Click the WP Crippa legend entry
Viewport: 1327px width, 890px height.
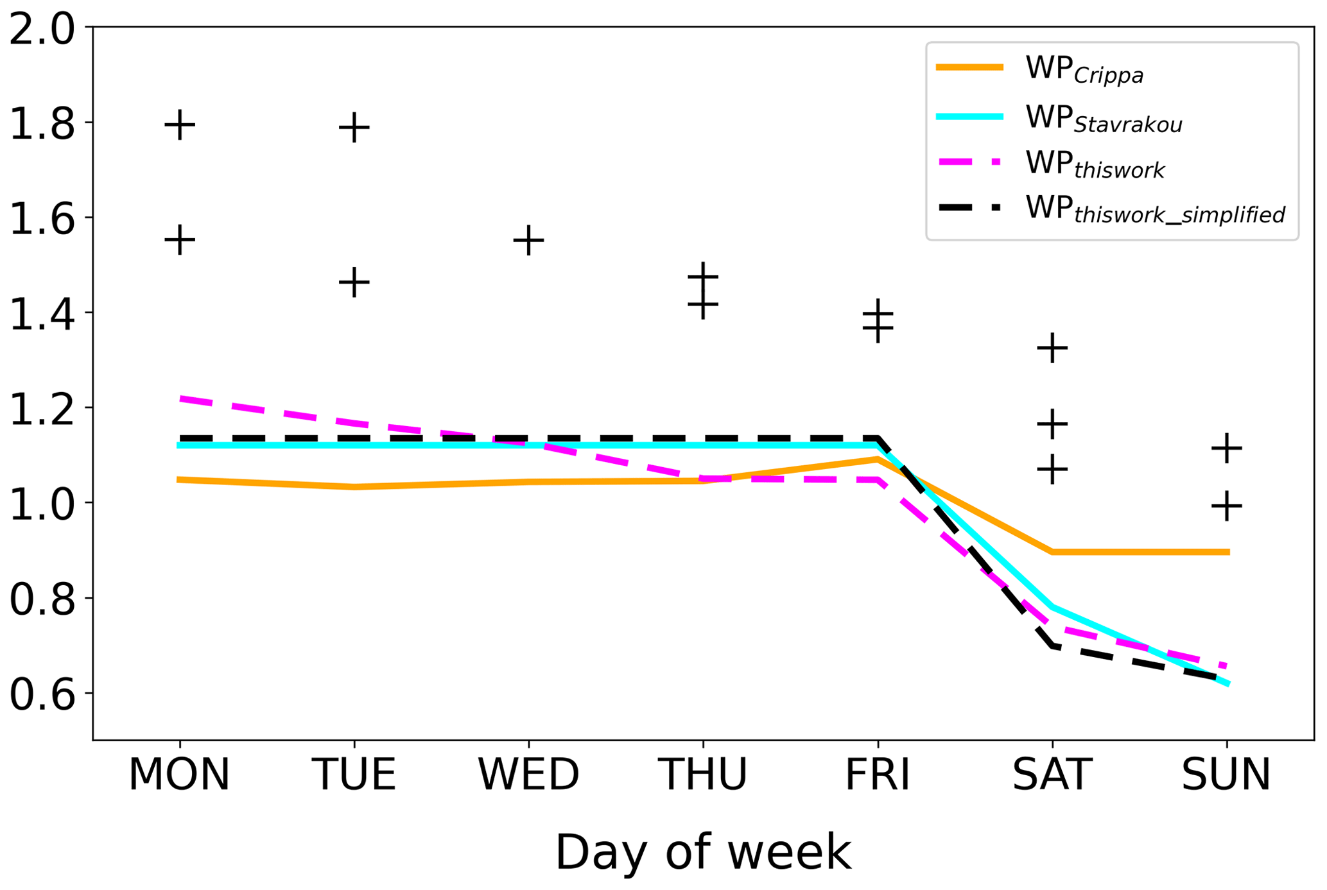click(1084, 69)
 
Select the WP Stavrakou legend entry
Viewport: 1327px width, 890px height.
click(1103, 118)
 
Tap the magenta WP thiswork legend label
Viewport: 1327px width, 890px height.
click(1094, 164)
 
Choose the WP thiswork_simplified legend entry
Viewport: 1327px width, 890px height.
click(1154, 209)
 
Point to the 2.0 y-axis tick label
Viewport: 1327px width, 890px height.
click(42, 30)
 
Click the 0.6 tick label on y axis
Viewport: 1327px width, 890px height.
click(42, 695)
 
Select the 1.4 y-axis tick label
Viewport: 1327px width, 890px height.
click(42, 314)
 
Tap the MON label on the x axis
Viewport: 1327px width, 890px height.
click(179, 775)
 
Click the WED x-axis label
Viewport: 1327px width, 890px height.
click(528, 775)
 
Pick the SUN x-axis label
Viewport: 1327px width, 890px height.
click(1226, 775)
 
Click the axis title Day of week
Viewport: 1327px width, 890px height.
click(703, 852)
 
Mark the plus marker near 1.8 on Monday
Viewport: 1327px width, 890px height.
click(180, 124)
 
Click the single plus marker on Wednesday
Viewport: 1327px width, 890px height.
click(528, 241)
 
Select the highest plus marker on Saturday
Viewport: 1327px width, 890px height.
click(1052, 348)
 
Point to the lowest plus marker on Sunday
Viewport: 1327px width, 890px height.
click(1227, 506)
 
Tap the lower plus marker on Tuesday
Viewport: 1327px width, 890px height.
click(354, 282)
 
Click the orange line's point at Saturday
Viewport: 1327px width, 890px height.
click(1052, 552)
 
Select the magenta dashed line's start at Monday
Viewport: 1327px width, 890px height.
click(181, 398)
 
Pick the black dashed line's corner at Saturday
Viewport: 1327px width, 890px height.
click(1052, 646)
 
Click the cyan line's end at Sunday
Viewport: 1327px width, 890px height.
click(1227, 684)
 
